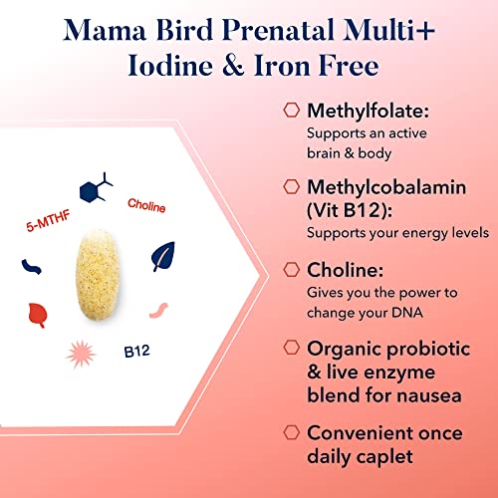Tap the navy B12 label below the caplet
coord(136,351)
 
